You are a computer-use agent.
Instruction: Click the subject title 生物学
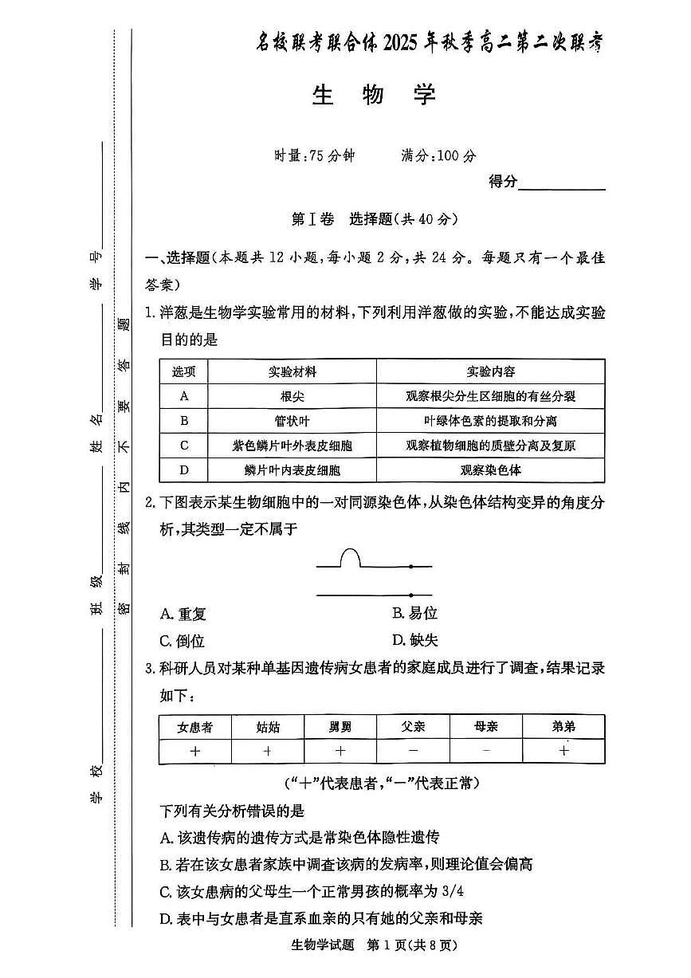(373, 96)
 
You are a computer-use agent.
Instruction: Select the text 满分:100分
(438, 156)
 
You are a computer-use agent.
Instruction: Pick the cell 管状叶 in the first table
(292, 421)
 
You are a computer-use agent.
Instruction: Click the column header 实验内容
(490, 371)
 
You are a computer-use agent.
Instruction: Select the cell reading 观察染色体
(490, 470)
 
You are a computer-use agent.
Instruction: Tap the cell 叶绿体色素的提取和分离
(490, 421)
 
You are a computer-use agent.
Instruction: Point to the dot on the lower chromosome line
(410, 595)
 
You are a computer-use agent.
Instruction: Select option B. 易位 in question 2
(415, 614)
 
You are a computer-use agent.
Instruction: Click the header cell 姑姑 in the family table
(268, 727)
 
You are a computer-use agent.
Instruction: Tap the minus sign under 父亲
(413, 751)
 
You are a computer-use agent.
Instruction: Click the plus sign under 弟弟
(563, 751)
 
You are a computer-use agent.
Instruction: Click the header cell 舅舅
(340, 727)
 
